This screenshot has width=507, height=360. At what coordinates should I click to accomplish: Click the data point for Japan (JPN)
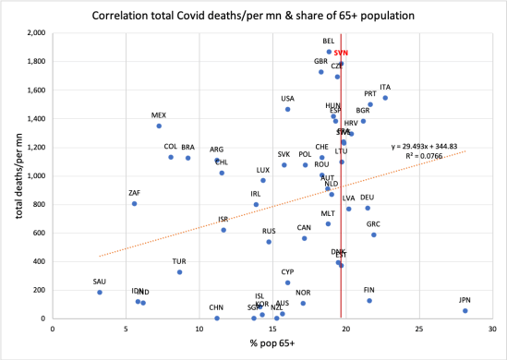(x=465, y=310)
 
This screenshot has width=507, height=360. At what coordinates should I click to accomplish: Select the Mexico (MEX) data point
(x=159, y=126)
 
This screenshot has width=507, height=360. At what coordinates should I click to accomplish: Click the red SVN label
(x=340, y=54)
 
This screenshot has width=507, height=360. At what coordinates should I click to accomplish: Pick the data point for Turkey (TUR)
(x=180, y=272)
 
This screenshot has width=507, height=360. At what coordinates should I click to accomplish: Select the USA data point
(x=288, y=109)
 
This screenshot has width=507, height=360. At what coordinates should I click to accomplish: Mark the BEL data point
(x=329, y=52)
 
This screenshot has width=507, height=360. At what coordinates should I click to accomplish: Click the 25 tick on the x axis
(x=419, y=328)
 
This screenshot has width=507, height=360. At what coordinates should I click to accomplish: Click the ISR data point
(x=223, y=230)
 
